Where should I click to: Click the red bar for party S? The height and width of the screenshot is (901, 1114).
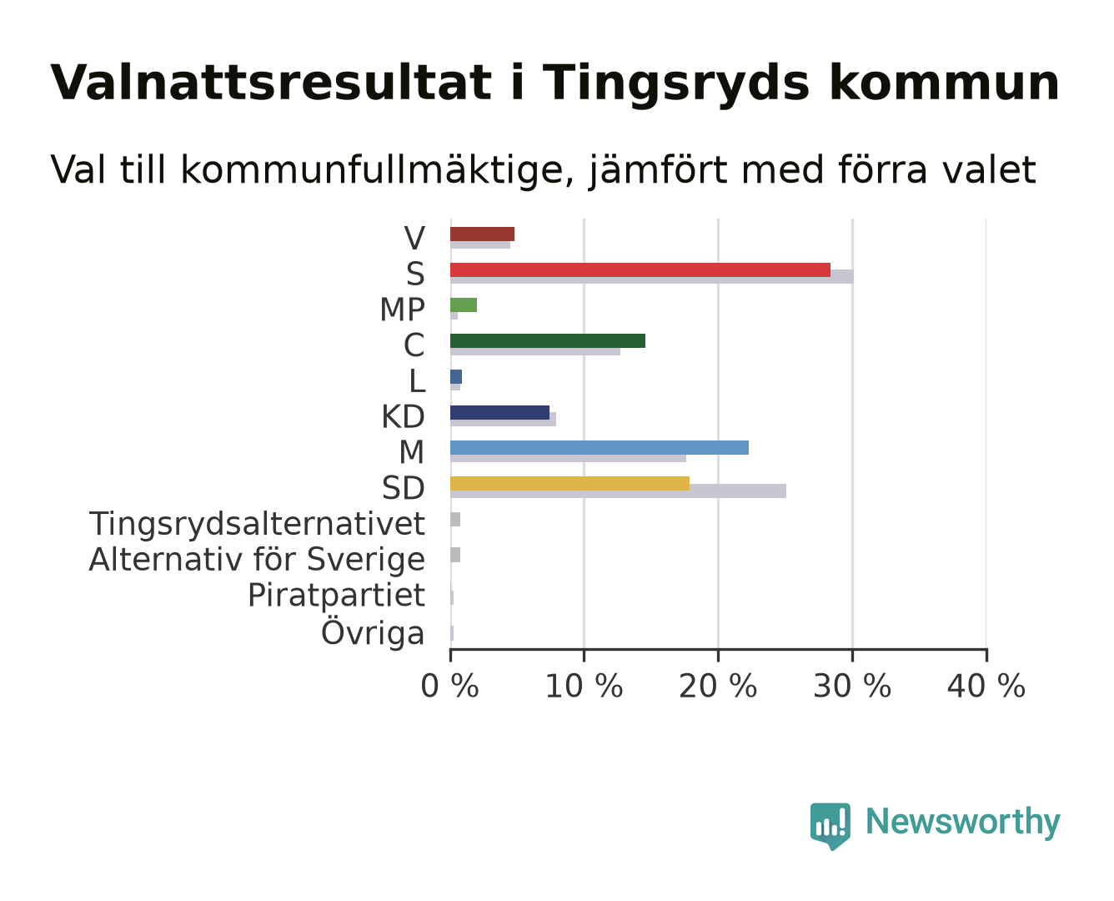tap(640, 270)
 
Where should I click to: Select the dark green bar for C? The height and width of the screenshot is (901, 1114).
tap(548, 340)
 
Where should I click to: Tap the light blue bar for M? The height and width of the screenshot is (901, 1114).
tap(600, 447)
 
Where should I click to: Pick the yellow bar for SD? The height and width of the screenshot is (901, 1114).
tap(570, 484)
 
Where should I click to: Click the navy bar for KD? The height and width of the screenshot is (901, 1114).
tap(499, 412)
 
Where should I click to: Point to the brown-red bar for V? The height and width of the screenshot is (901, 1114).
tap(482, 234)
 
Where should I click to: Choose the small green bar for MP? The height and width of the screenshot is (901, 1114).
tap(464, 305)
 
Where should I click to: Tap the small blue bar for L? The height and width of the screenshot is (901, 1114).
tap(456, 377)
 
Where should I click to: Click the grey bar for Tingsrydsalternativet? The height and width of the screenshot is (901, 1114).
tap(455, 520)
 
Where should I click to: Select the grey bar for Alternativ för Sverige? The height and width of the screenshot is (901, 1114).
tap(455, 555)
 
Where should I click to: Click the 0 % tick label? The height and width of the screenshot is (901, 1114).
tap(449, 687)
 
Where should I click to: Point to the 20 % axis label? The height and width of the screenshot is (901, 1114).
tap(718, 687)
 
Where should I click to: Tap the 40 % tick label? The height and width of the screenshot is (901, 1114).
tap(986, 687)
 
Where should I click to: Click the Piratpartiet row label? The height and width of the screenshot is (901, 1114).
tap(336, 596)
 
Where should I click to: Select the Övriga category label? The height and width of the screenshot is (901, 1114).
tap(373, 632)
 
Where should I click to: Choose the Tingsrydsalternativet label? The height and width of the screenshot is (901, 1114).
tap(257, 524)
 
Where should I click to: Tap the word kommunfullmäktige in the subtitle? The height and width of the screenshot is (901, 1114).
tap(377, 170)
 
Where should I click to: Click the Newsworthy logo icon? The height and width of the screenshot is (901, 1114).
tap(830, 826)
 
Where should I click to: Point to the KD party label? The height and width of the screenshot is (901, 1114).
tap(403, 417)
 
